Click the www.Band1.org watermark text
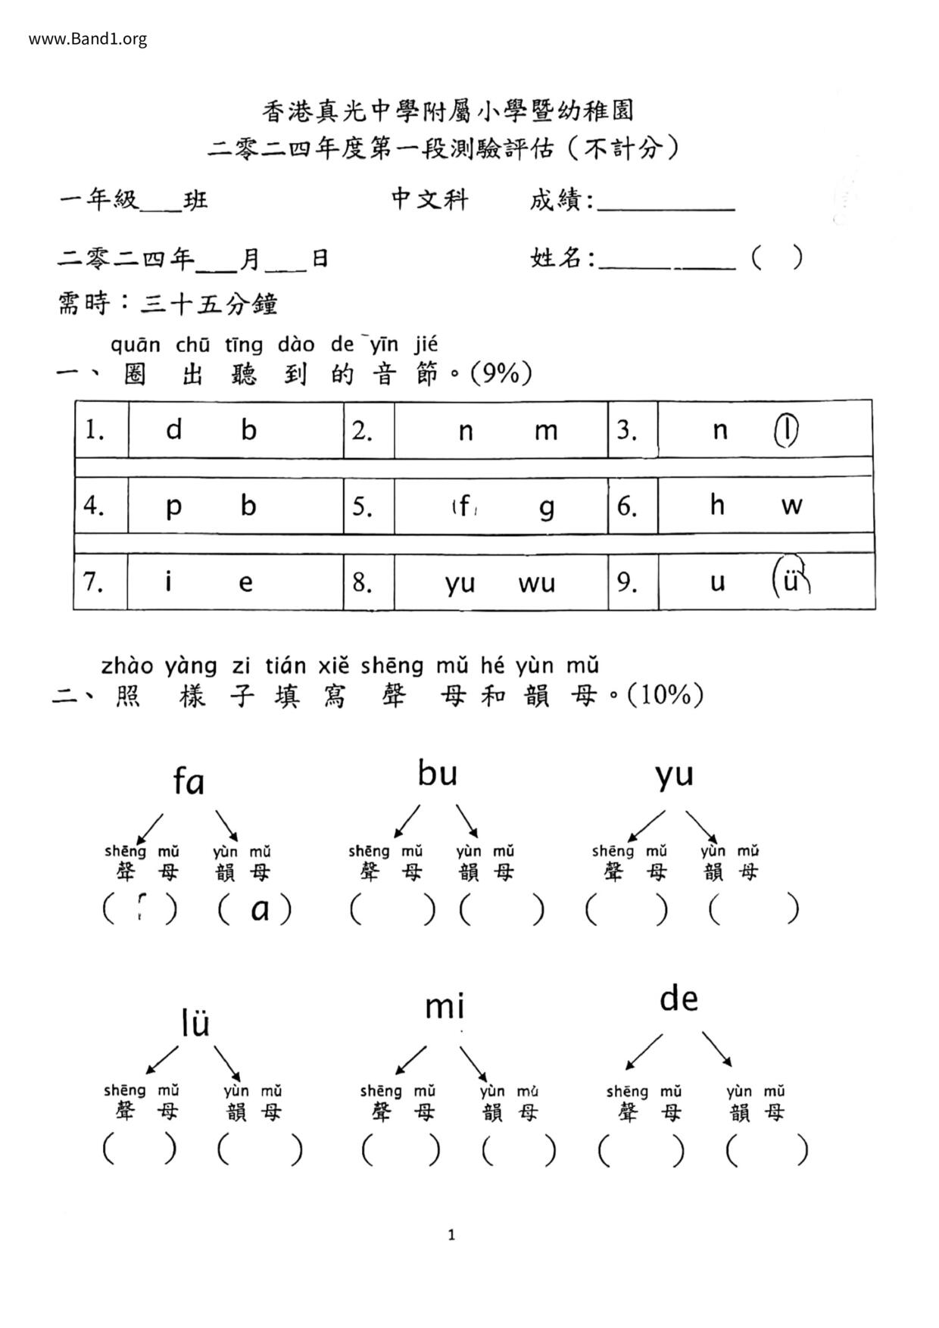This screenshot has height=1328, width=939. point(88,39)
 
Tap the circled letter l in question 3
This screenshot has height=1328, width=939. point(788,430)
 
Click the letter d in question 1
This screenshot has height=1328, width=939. point(174,430)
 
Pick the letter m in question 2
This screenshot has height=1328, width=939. point(545,431)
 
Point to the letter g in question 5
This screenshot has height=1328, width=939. point(546,507)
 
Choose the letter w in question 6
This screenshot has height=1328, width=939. point(791,506)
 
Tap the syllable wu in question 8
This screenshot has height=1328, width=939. point(537,583)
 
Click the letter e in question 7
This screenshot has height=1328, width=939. point(245,582)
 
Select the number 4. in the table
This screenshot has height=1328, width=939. point(94,505)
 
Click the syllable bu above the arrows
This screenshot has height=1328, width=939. point(438,773)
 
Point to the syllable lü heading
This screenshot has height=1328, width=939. point(195,1023)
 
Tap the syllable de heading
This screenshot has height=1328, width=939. point(678,999)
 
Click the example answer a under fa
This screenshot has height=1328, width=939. point(260,910)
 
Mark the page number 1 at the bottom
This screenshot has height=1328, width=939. point(452,1236)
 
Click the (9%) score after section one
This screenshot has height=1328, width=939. point(501,373)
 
